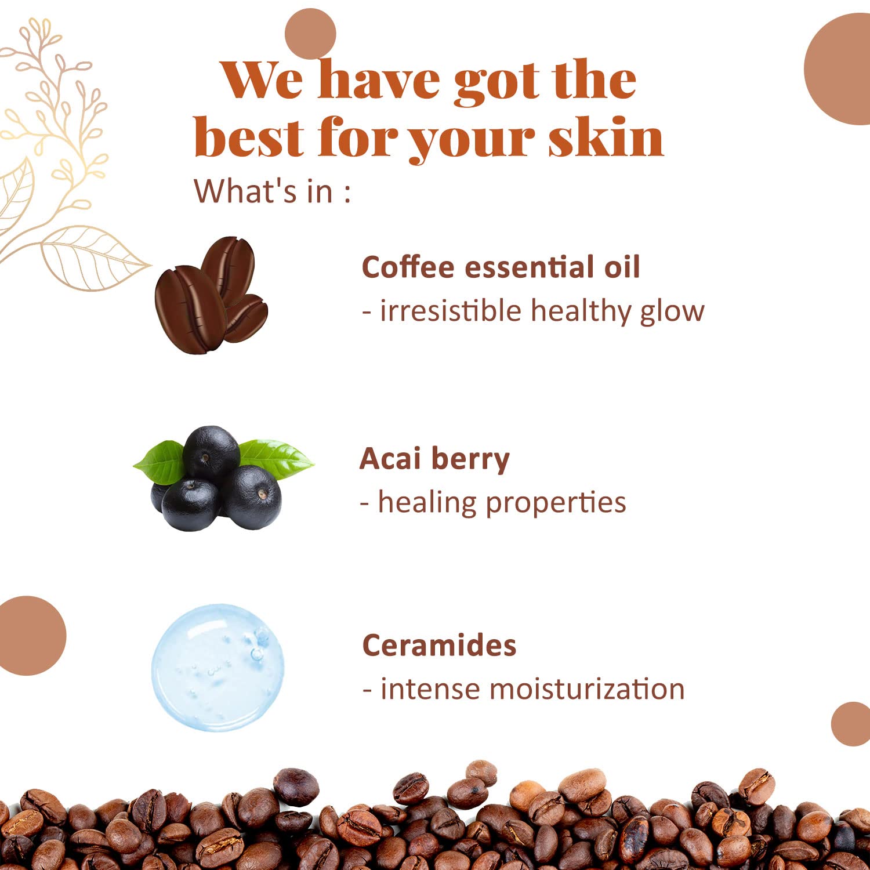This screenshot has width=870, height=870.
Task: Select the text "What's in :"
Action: pos(272,191)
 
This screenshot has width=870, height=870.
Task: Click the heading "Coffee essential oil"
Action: pos(501,267)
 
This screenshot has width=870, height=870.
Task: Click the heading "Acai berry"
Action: pos(434,459)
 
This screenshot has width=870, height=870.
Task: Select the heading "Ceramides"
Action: pos(439,645)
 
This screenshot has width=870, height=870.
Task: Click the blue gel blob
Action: pos(218,667)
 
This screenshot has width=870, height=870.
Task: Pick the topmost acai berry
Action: pos(211,453)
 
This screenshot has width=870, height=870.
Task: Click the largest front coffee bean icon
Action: pos(190,309)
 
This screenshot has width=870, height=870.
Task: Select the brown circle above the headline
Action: pos(310,34)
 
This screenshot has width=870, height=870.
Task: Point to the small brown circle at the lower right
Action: pos(851,724)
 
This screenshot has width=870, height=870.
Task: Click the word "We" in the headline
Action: pos(263,79)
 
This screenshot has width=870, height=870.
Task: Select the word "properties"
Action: pos(556,503)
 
